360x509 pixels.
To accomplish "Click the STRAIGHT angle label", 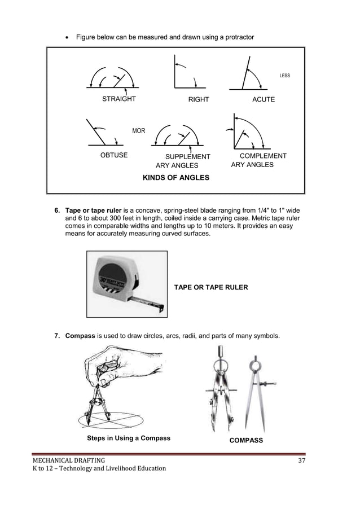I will [x=118, y=99].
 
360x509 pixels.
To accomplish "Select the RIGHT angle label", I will [x=199, y=99].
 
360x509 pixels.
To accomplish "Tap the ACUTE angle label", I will [x=264, y=99].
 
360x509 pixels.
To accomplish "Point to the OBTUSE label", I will [x=113, y=155].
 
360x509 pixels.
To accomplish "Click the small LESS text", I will [x=284, y=76].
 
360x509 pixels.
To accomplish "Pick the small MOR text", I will [x=138, y=131].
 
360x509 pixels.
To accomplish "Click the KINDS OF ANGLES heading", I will [x=176, y=178].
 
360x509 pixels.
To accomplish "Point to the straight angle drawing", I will [x=113, y=79].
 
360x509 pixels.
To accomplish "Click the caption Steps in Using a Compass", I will [x=128, y=438].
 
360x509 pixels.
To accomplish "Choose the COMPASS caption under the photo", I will [x=245, y=440].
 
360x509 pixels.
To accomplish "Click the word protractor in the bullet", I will [x=238, y=37].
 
